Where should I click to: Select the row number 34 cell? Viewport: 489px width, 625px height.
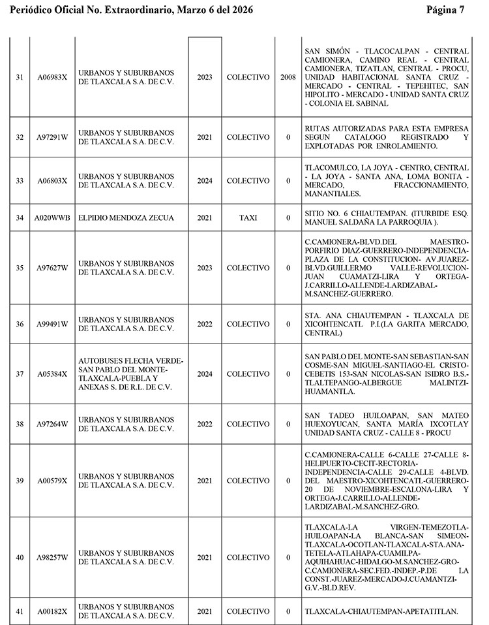(20, 217)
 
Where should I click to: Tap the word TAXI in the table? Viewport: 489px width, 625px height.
(248, 217)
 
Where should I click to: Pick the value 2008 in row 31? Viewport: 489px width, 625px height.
(288, 77)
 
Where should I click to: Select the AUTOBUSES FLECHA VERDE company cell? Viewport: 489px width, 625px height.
(131, 374)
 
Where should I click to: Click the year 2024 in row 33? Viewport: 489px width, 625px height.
(205, 180)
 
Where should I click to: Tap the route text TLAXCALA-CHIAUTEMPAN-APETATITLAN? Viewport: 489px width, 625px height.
(381, 611)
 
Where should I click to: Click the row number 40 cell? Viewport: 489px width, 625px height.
(20, 557)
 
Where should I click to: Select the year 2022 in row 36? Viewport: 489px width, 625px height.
(205, 324)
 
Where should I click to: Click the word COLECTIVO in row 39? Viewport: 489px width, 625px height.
(248, 481)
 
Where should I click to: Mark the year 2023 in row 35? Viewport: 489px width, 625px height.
(205, 268)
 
